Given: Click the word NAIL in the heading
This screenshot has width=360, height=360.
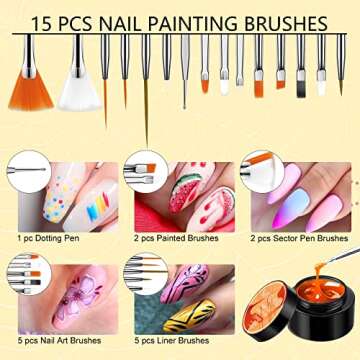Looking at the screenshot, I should click(110, 21).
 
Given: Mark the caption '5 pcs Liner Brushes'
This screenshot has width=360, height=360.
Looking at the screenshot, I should click(168, 341).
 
